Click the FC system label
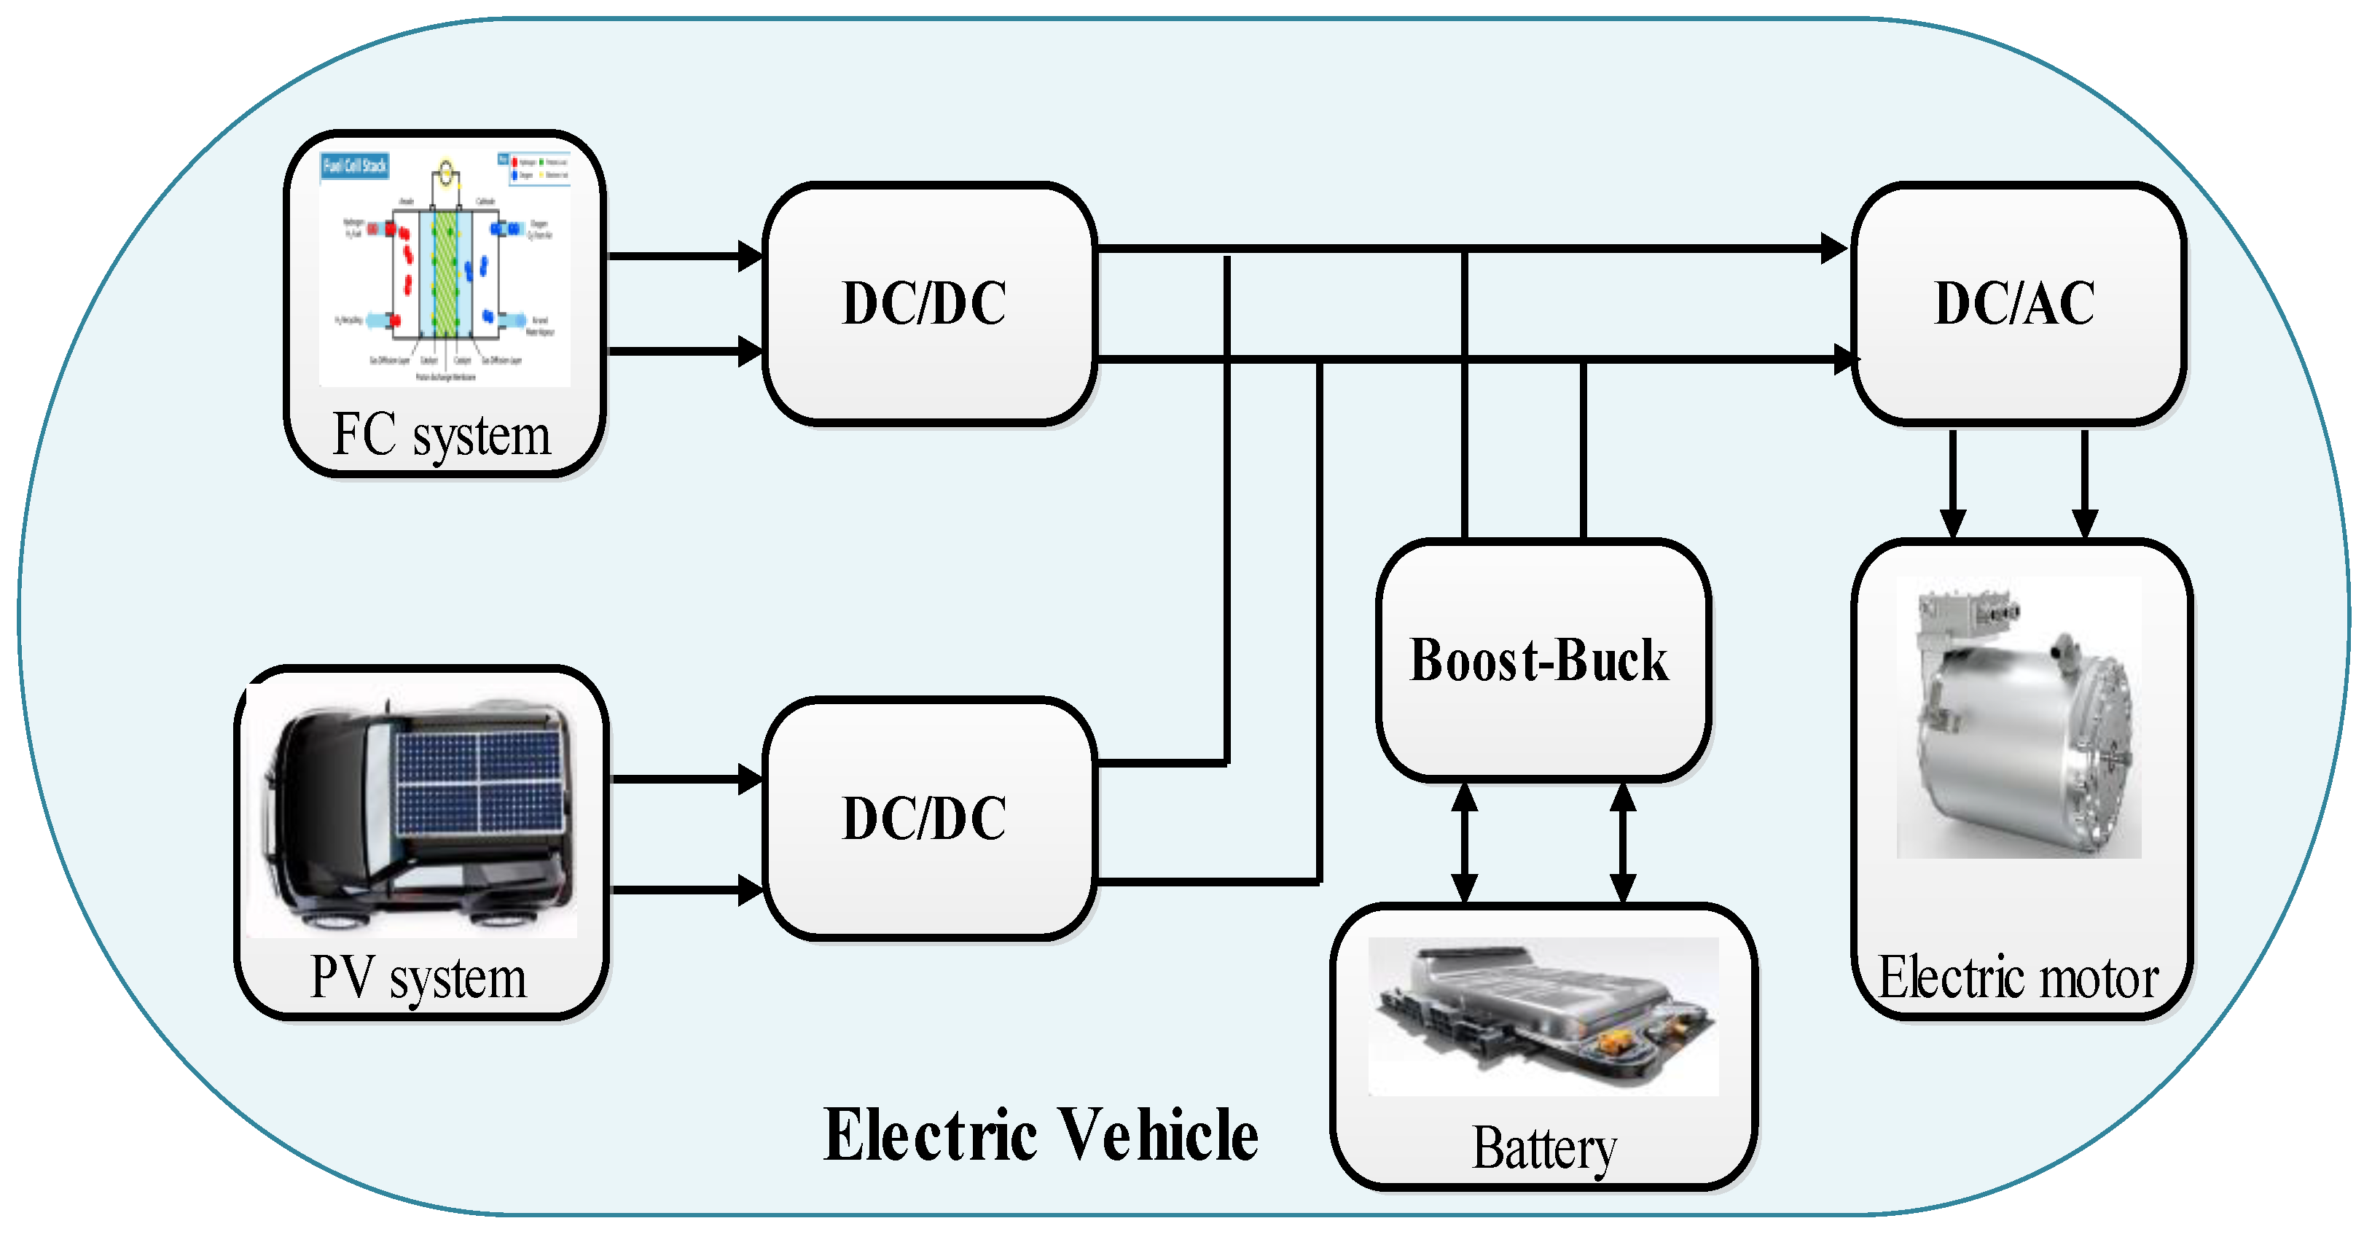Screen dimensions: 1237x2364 pos(442,435)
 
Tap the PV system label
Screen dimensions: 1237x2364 pos(418,977)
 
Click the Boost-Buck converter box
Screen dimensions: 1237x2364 pos(1542,660)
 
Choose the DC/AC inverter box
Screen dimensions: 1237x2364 pos(2016,303)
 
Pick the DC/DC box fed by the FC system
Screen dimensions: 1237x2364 pos(927,303)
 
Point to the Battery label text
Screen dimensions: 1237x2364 pos(1544,1148)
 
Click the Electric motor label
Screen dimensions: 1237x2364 pos(2018,977)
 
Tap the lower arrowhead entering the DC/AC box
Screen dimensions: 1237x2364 pos(1844,359)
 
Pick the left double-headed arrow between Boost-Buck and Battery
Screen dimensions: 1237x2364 pos(1465,843)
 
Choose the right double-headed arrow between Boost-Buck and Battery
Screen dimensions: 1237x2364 pos(1622,843)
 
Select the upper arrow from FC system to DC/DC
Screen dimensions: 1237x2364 pos(684,256)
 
